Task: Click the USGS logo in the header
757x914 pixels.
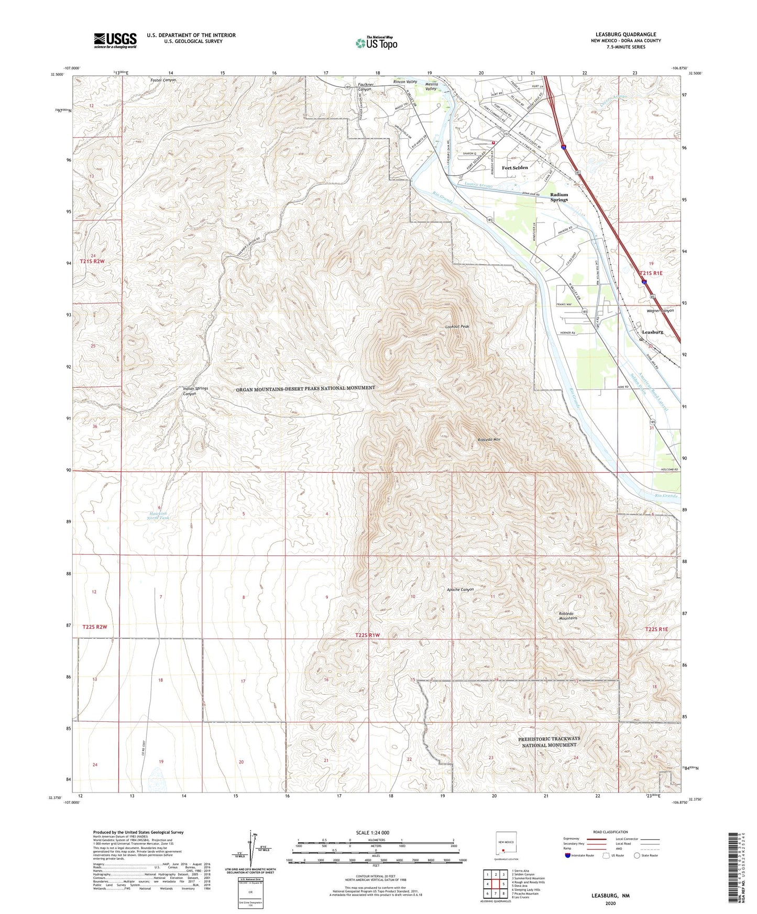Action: (x=115, y=40)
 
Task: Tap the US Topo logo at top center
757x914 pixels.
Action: (x=376, y=43)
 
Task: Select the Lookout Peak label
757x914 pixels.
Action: (x=457, y=326)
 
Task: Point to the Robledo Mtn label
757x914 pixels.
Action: (x=488, y=440)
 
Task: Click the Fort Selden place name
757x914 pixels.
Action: (x=514, y=168)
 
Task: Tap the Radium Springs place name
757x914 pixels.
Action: (x=559, y=197)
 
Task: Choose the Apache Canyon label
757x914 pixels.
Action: (x=459, y=589)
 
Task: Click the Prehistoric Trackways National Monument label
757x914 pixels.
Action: (x=549, y=742)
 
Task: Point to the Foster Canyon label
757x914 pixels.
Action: (x=163, y=80)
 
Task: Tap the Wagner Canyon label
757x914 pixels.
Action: (x=660, y=310)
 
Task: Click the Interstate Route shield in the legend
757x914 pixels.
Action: (x=568, y=856)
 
